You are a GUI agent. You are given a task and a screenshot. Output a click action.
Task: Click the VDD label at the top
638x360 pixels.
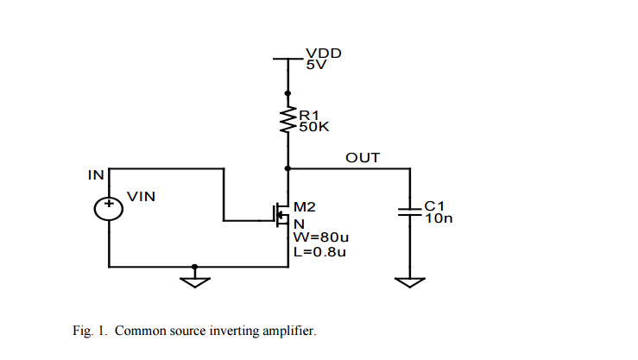tap(324, 53)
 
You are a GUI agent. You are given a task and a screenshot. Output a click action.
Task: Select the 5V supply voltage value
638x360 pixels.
tap(315, 65)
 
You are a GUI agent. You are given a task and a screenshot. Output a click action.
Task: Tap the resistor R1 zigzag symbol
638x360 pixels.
tap(287, 121)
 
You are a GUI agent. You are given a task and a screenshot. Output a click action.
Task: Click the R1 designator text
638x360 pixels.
tap(309, 114)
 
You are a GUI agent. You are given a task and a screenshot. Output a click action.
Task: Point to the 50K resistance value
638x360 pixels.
tap(313, 126)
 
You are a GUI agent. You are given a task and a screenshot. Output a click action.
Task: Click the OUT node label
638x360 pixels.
tap(363, 157)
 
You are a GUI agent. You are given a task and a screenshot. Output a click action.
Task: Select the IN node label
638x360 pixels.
tap(96, 175)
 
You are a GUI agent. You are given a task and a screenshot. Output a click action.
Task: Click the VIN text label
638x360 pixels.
tap(141, 197)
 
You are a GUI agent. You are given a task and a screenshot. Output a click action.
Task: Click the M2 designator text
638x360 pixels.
tap(305, 207)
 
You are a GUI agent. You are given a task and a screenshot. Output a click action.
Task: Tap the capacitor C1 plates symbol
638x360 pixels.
tap(409, 212)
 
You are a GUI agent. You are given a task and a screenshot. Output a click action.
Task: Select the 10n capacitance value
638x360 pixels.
tap(438, 218)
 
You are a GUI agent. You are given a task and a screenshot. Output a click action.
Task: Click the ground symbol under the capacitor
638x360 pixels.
tap(409, 281)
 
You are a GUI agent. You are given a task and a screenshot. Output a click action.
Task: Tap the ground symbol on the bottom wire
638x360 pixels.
tap(194, 278)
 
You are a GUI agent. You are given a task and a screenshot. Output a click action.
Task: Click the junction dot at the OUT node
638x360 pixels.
tap(287, 168)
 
